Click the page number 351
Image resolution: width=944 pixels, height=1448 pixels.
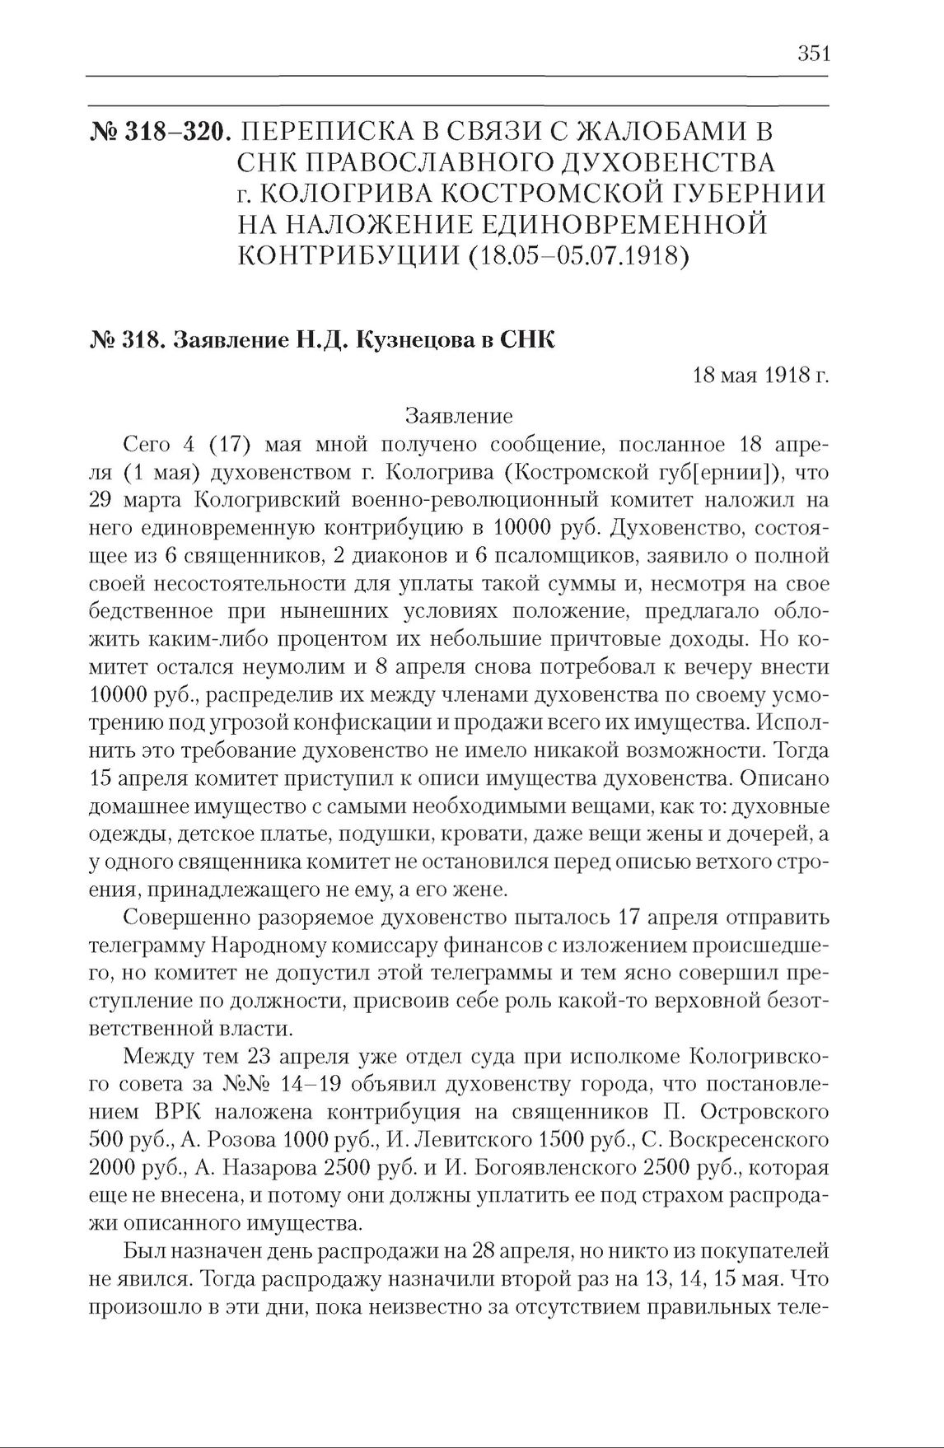pos(812,54)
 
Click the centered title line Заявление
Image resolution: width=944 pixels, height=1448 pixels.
pos(460,415)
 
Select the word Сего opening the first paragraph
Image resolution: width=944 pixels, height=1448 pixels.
pos(146,445)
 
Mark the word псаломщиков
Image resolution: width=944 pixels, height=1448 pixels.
pos(568,556)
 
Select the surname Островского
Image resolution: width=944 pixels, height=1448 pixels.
pos(765,1111)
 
